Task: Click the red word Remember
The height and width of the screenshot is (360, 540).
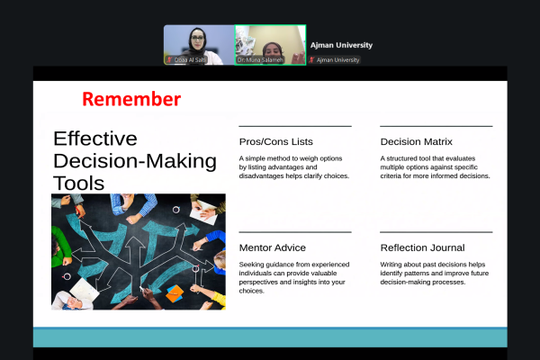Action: click(x=131, y=99)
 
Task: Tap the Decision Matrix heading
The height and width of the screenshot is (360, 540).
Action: click(x=416, y=141)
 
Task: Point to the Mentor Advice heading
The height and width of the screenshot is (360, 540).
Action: click(x=273, y=247)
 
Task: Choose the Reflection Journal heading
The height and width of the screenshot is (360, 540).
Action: click(x=422, y=247)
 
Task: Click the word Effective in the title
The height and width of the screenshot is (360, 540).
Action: click(x=94, y=139)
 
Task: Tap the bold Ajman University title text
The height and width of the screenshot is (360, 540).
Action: click(x=341, y=44)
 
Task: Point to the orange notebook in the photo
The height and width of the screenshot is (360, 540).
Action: click(x=175, y=292)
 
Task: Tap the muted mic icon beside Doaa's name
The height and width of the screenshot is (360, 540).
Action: click(x=168, y=60)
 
